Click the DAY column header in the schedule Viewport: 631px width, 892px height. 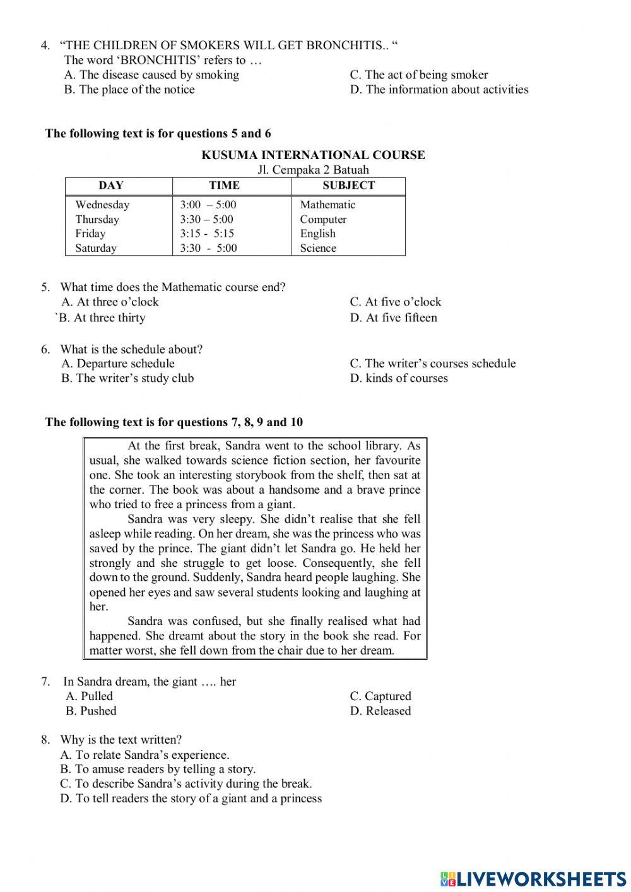click(x=111, y=186)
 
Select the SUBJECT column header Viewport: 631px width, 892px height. click(x=348, y=186)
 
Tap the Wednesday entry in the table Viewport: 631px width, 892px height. click(x=102, y=205)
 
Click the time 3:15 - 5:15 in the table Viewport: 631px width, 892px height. click(x=207, y=234)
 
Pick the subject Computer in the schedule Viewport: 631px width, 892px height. click(x=323, y=219)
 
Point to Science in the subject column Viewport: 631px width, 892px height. click(x=318, y=248)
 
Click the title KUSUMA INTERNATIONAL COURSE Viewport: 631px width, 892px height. click(x=313, y=155)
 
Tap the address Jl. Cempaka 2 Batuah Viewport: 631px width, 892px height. click(x=313, y=170)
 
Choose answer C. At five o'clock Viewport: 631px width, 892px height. click(x=396, y=302)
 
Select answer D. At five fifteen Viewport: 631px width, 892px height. click(x=393, y=318)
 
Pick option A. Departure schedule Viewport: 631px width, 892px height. click(x=118, y=364)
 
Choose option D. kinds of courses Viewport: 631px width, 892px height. click(x=399, y=378)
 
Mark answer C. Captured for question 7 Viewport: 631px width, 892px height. click(x=380, y=696)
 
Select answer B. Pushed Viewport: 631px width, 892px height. click(x=91, y=711)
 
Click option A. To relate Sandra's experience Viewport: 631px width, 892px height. click(x=144, y=755)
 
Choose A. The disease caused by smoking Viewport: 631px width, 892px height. click(x=151, y=74)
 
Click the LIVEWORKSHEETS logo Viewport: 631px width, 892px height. click(x=533, y=878)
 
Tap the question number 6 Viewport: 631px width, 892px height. click(x=45, y=349)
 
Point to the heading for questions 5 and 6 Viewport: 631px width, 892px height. click(x=158, y=133)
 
